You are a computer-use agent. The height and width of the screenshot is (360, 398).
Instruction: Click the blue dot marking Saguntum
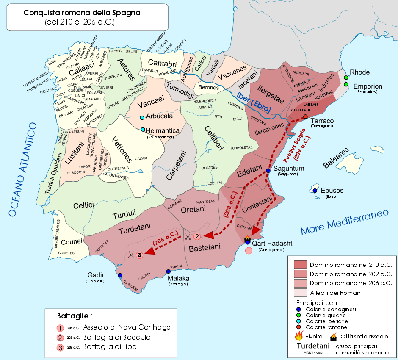pos(268,171)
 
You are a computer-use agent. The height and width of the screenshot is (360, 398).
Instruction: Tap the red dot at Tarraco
pos(305,116)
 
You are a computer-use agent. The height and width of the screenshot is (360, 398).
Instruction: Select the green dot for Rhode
pos(346,78)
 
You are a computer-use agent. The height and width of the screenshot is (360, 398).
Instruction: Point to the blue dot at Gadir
pos(120,275)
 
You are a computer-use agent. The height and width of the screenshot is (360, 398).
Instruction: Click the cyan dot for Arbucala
pos(142,117)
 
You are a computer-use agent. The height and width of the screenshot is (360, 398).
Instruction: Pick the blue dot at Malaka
pos(168,271)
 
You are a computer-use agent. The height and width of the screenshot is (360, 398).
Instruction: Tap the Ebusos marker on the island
pos(315,191)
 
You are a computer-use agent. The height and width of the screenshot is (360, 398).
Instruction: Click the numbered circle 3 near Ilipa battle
pos(139,254)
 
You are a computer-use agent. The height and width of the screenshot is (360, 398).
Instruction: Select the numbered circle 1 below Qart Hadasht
pos(249,250)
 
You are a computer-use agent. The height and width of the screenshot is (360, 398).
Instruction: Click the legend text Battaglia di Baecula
pos(117,337)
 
